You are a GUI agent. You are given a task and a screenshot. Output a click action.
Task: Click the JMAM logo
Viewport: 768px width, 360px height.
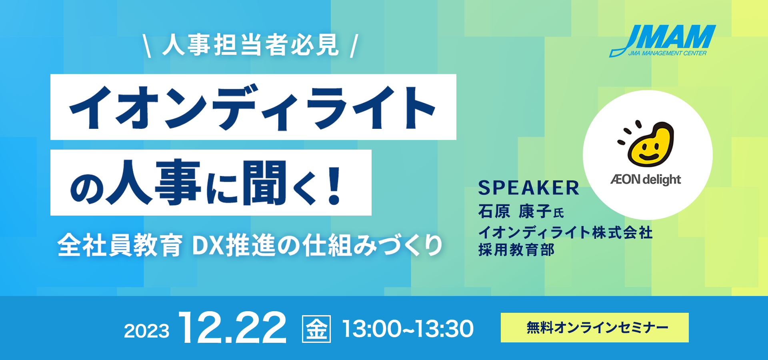tap(663, 41)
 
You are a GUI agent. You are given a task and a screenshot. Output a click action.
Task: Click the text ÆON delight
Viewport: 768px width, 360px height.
tap(646, 180)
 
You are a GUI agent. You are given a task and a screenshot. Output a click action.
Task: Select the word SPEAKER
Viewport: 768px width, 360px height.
tap(529, 188)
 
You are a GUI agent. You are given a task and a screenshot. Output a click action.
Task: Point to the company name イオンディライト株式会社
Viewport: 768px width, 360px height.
tap(566, 232)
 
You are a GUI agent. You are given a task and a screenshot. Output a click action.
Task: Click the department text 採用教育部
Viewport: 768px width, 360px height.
tap(516, 250)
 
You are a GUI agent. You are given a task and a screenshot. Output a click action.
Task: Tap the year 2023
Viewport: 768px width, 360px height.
tap(146, 331)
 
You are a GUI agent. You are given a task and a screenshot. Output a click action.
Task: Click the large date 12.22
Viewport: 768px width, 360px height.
tap(233, 328)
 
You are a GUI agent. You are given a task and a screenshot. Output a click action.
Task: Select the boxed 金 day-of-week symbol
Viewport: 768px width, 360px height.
tap(316, 329)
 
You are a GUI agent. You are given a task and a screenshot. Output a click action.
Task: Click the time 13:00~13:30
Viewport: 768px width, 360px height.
tap(408, 329)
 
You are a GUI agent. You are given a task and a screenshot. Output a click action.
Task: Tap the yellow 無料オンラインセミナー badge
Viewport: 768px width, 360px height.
tap(594, 328)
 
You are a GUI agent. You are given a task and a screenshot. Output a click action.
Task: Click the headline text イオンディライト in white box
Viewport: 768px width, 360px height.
tap(253, 107)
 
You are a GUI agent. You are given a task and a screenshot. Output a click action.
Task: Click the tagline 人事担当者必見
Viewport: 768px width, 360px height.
tap(251, 45)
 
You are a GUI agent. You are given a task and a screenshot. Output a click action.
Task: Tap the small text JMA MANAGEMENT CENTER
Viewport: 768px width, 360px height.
tap(667, 53)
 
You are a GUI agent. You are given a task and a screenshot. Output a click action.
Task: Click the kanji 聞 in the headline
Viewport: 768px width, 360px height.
tap(265, 183)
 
